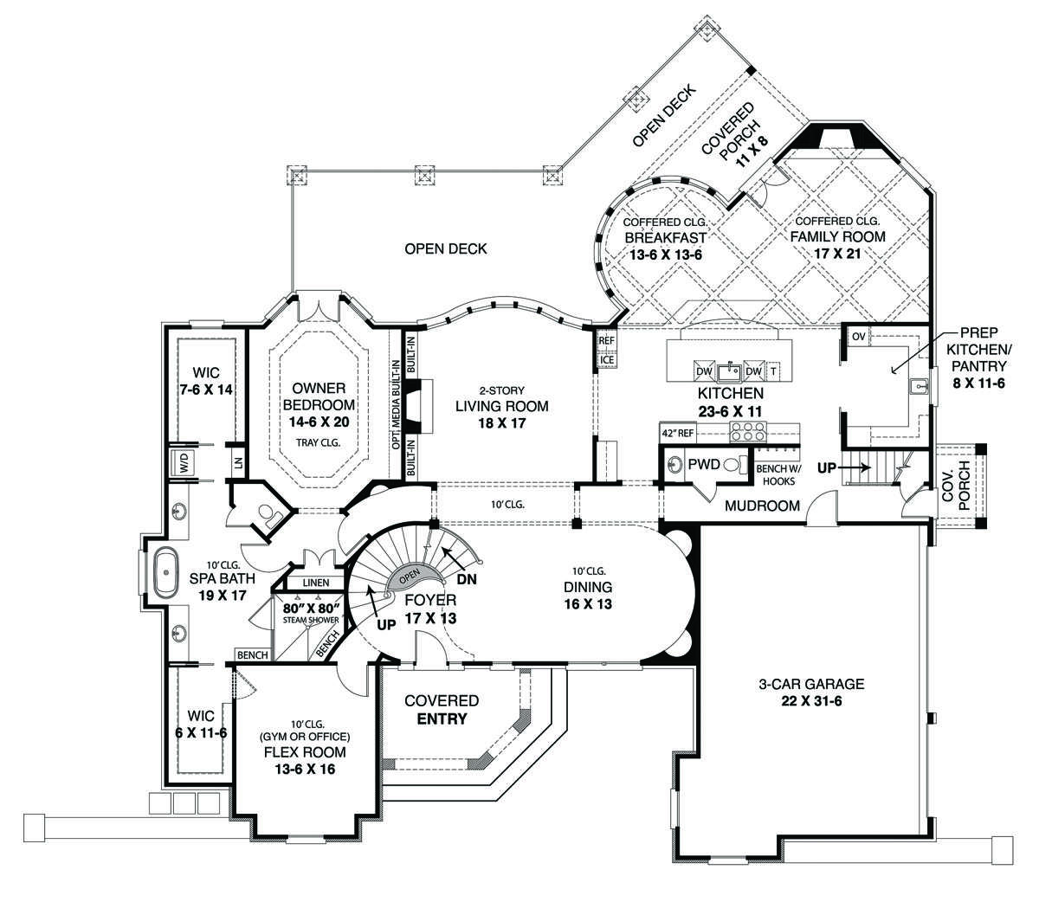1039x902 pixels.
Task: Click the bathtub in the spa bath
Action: click(x=166, y=572)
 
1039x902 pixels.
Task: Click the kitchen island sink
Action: click(x=730, y=371)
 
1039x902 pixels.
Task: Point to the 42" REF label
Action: click(x=678, y=433)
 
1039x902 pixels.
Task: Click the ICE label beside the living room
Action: click(x=607, y=360)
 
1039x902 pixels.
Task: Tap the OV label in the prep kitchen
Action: click(x=858, y=337)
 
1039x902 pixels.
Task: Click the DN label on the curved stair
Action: click(x=467, y=578)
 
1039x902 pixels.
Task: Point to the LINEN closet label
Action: click(x=316, y=583)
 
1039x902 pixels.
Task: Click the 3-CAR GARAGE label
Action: click(x=811, y=684)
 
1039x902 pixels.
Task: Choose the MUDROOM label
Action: click(x=762, y=506)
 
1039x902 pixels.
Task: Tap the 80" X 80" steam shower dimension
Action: click(x=311, y=608)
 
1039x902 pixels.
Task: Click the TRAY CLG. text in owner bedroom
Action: click(x=318, y=442)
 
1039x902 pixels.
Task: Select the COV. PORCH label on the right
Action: click(x=955, y=486)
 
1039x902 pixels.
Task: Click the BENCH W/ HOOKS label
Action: click(x=778, y=475)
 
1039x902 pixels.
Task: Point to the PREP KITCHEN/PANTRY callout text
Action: click(x=978, y=358)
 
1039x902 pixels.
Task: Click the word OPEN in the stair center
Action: click(x=410, y=577)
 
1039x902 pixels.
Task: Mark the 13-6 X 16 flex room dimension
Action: click(x=305, y=769)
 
